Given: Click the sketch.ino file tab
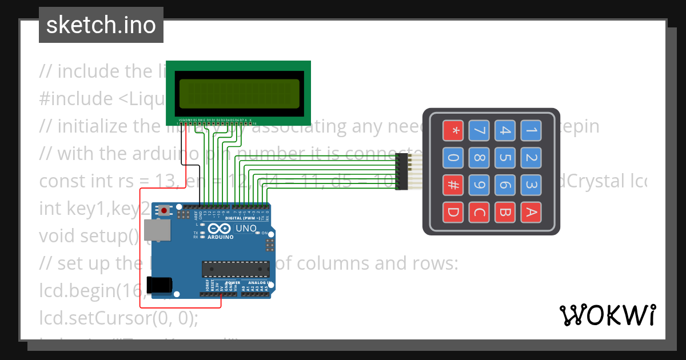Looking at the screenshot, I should pyautogui.click(x=101, y=25).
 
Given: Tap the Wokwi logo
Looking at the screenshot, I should pyautogui.click(x=607, y=315).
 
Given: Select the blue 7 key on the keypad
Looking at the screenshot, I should pyautogui.click(x=478, y=131).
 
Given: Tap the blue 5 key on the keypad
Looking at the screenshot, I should pyautogui.click(x=505, y=158).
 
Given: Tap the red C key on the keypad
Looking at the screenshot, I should pyautogui.click(x=478, y=212).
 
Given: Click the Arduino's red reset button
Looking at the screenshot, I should pyautogui.click(x=165, y=210).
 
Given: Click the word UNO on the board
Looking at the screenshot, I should pyautogui.click(x=246, y=229).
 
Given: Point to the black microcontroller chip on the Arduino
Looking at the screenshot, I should pyautogui.click(x=235, y=269).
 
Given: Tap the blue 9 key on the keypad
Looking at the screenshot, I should pyautogui.click(x=478, y=185).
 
